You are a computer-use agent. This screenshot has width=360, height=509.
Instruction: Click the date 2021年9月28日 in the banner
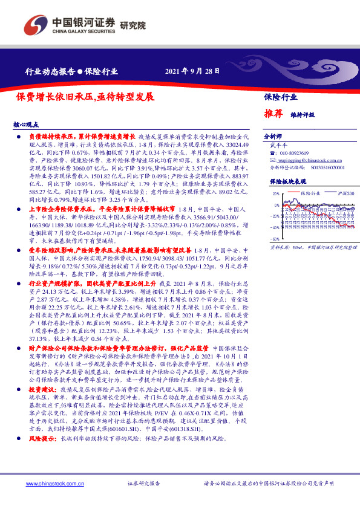192,71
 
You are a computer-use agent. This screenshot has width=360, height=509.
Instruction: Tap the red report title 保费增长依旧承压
85,96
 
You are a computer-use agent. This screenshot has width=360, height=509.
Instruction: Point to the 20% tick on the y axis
275,194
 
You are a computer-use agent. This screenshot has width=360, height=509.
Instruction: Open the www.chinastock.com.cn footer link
50,484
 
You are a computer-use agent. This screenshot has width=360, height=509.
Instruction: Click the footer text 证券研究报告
144,484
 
